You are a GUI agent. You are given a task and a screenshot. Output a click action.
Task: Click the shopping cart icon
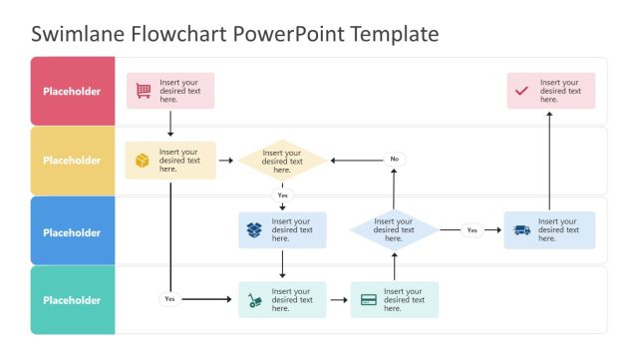pyautogui.click(x=144, y=91)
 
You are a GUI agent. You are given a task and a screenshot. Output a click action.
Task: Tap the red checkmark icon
pyautogui.click(x=521, y=91)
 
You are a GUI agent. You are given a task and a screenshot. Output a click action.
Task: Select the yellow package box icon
pyautogui.click(x=143, y=160)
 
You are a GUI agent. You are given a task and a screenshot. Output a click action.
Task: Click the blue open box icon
pyautogui.click(x=255, y=230)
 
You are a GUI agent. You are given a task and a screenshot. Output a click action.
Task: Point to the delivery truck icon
pyautogui.click(x=521, y=230)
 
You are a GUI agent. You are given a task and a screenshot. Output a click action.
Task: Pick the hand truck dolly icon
pyautogui.click(x=255, y=300)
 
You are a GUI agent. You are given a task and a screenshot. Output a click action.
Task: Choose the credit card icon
pyautogui.click(x=369, y=300)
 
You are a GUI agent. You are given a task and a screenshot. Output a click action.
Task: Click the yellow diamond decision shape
pyautogui.click(x=282, y=160)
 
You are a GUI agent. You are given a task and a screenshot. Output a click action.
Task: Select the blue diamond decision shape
pyautogui.click(x=394, y=230)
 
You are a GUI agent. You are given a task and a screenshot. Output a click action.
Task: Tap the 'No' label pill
pyautogui.click(x=394, y=160)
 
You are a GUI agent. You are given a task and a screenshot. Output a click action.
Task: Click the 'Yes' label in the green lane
pyautogui.click(x=169, y=299)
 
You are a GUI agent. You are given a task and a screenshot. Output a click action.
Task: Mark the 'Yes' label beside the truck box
pyautogui.click(x=472, y=230)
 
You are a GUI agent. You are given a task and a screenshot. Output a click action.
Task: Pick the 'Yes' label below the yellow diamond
pyautogui.click(x=282, y=195)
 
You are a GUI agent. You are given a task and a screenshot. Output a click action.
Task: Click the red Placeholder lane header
pyautogui.click(x=72, y=91)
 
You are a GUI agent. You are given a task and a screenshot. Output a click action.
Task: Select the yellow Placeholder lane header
pyautogui.click(x=72, y=161)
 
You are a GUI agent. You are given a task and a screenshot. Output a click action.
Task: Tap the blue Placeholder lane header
pyautogui.click(x=72, y=232)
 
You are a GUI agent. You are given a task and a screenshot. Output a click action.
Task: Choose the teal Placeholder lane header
pyautogui.click(x=72, y=300)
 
